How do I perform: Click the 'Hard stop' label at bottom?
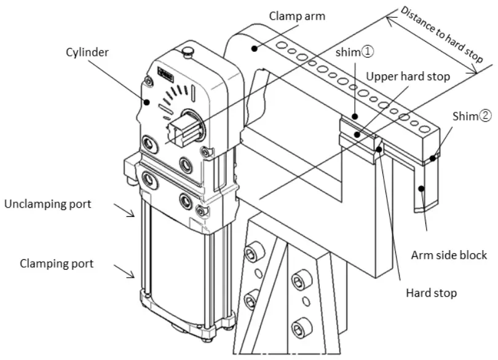coord(431,292)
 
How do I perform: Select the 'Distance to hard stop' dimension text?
coord(441,34)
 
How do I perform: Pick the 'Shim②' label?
coord(472,116)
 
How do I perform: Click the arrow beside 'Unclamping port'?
coord(127,212)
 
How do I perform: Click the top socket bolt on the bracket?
coord(251,252)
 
